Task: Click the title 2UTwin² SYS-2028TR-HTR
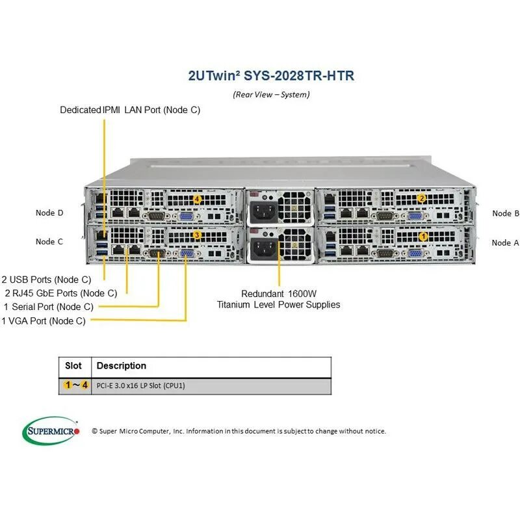[270, 75]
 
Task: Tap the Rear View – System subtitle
[271, 94]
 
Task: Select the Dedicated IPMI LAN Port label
[130, 110]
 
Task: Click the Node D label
[49, 213]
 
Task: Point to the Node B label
[506, 213]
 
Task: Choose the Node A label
[505, 242]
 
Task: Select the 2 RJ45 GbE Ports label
[61, 293]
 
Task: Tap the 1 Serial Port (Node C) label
[48, 306]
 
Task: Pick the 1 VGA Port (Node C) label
[44, 320]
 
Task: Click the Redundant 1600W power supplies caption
[278, 298]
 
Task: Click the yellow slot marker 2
[421, 198]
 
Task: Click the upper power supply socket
[263, 211]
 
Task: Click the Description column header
[121, 366]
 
